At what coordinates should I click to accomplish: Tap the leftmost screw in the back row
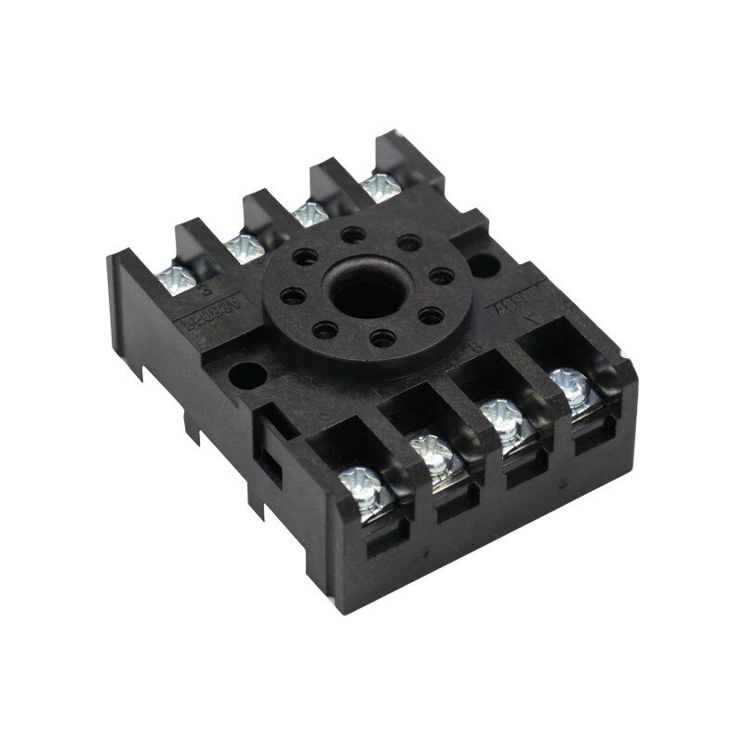(x=176, y=277)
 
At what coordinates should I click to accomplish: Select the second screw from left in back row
(x=244, y=246)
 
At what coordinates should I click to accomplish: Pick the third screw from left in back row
(x=311, y=215)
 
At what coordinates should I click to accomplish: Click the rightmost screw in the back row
(x=380, y=185)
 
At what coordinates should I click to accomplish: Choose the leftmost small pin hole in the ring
(x=292, y=297)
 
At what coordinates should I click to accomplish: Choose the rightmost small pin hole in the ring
(x=443, y=276)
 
